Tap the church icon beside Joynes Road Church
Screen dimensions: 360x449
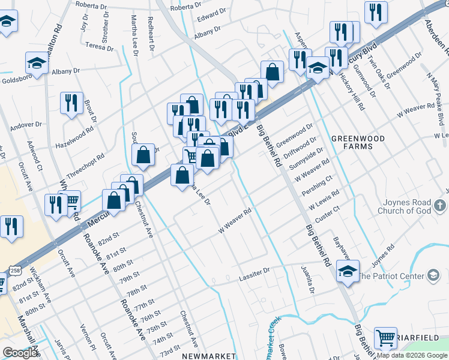[x=440, y=206]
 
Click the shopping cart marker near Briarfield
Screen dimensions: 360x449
[x=385, y=337]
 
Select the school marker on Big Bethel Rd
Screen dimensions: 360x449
[x=348, y=271]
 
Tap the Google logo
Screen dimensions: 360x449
[x=20, y=353]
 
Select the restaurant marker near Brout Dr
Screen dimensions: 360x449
[x=71, y=103]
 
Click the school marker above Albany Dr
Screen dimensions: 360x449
[x=37, y=63]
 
